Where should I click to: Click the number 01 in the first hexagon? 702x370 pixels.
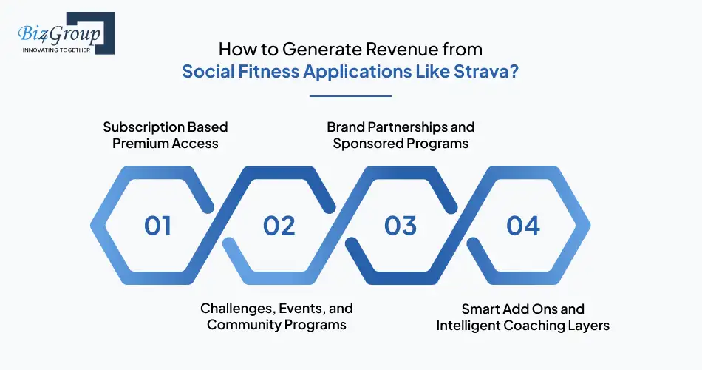point(157,226)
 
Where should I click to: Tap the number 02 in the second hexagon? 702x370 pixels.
point(279,226)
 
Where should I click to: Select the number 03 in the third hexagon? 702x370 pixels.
point(401,226)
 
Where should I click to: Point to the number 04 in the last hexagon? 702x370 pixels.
point(522,226)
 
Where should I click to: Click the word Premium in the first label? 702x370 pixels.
point(141,143)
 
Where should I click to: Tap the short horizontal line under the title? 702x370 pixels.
point(350,95)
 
